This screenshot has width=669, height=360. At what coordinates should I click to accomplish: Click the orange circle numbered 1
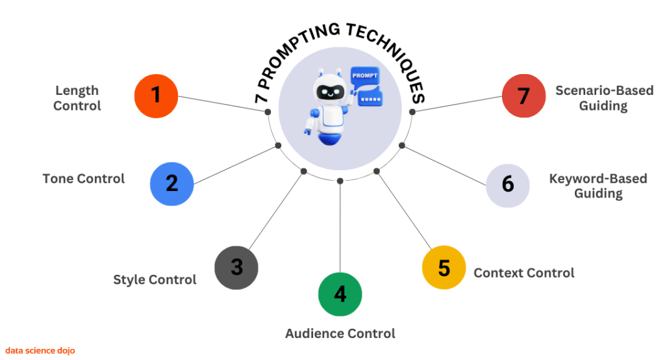(156, 96)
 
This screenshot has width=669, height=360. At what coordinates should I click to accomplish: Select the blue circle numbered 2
(171, 183)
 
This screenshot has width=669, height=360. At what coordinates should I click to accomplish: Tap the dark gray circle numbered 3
(236, 267)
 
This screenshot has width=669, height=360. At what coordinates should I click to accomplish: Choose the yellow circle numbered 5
(444, 267)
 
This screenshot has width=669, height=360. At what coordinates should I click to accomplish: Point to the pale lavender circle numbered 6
(508, 184)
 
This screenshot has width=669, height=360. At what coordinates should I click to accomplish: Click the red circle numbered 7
(524, 96)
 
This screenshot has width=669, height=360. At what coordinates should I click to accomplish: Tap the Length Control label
(77, 97)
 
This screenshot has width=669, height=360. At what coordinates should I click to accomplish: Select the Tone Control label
(83, 178)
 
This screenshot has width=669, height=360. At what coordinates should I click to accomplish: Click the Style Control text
(155, 279)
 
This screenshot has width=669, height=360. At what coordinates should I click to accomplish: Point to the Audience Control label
(340, 333)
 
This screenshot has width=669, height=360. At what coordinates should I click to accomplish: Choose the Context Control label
(524, 273)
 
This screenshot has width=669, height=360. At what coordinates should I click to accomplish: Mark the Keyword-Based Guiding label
(598, 185)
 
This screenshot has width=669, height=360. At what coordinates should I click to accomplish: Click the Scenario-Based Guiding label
(603, 97)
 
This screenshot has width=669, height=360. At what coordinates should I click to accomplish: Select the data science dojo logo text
(40, 350)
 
